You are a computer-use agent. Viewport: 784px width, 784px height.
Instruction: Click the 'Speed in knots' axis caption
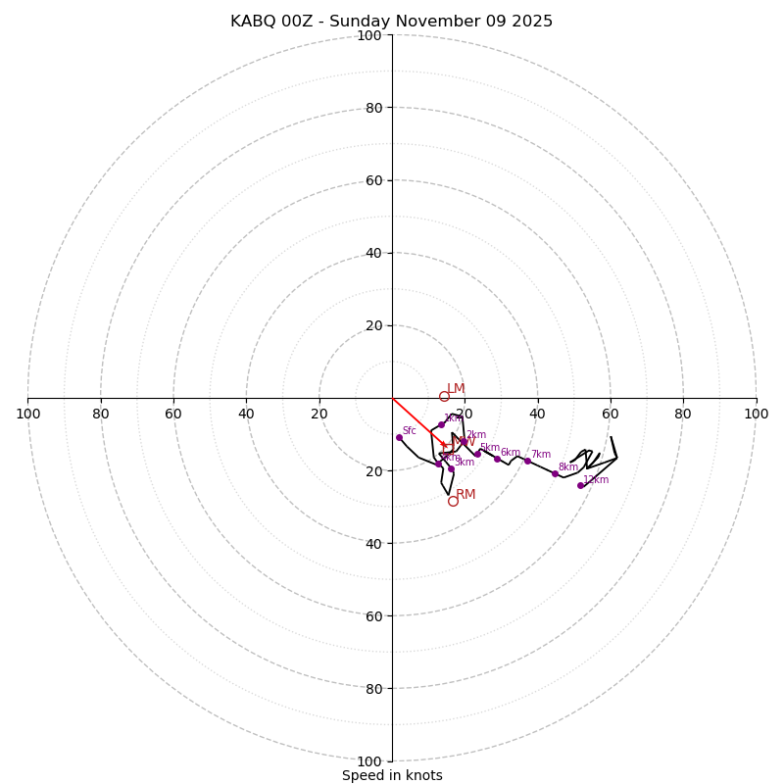(x=392, y=775)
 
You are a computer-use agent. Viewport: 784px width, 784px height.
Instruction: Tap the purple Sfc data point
(x=399, y=437)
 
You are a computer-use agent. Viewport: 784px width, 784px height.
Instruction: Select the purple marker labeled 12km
(x=580, y=485)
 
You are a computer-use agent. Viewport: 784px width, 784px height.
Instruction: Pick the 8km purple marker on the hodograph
(x=555, y=473)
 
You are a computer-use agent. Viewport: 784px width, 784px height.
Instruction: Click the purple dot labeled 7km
(x=527, y=461)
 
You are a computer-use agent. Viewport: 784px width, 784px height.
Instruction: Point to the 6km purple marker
(x=497, y=459)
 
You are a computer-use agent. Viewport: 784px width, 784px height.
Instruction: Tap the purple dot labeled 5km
(x=477, y=454)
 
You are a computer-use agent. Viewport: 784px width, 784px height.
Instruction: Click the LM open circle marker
(x=444, y=396)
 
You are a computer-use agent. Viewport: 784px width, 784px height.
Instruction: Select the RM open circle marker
(x=453, y=501)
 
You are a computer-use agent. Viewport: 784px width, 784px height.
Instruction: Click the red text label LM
(x=456, y=388)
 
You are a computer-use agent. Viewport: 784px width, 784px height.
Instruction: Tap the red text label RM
(x=465, y=494)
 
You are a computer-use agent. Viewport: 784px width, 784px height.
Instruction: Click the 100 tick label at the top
(x=368, y=35)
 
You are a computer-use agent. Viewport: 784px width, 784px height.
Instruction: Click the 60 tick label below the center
(x=372, y=615)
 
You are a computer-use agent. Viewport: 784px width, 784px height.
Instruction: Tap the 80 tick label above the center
(x=372, y=108)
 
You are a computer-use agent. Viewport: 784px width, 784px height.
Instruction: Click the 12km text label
(x=596, y=479)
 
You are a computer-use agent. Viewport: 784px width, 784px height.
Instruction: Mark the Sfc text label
(x=409, y=430)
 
